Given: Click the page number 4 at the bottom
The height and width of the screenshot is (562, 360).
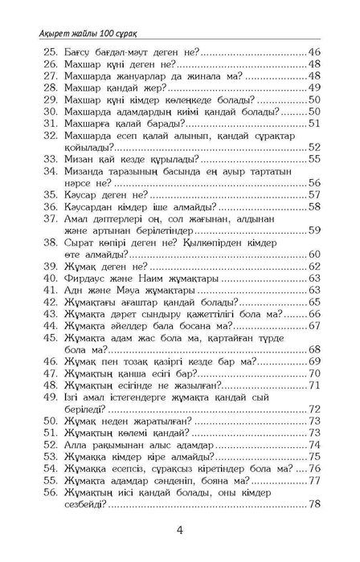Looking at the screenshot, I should [x=180, y=531].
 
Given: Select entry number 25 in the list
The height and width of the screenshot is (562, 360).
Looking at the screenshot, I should [x=48, y=51].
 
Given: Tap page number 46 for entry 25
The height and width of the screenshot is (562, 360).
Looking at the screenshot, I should [x=313, y=51].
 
